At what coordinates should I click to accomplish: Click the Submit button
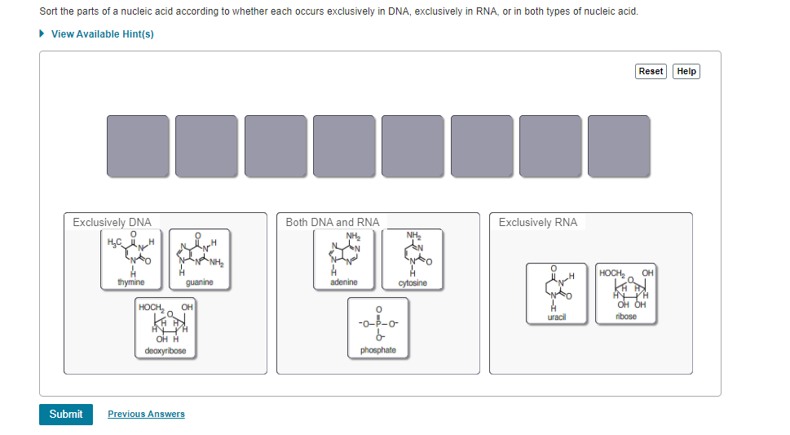(x=65, y=414)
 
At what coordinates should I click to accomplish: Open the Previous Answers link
(x=146, y=414)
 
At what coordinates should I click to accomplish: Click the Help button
(x=686, y=71)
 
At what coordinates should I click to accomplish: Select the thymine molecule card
(x=130, y=259)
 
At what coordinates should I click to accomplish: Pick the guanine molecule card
(x=200, y=259)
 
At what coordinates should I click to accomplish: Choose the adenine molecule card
(x=343, y=259)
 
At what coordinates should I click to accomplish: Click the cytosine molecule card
(x=413, y=259)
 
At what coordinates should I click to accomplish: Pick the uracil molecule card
(x=557, y=293)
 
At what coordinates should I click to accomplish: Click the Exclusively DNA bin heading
(x=112, y=222)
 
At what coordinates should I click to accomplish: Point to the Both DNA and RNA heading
(x=333, y=222)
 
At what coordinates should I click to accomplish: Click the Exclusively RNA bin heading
(x=538, y=222)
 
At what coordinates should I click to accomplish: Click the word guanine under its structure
(x=200, y=282)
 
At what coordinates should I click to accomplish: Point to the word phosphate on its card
(x=377, y=350)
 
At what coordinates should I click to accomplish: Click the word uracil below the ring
(x=557, y=317)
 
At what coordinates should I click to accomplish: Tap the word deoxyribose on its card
(x=166, y=351)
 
